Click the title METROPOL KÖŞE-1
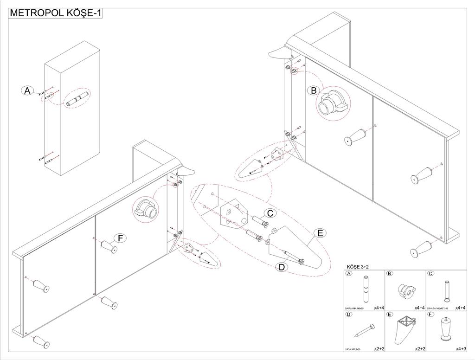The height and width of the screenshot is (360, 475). [55, 13]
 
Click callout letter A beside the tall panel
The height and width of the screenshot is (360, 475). [27, 90]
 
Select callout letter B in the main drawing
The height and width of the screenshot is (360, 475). [314, 90]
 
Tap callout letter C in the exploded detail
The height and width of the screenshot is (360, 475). [270, 213]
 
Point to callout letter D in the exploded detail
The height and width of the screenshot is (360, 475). [282, 267]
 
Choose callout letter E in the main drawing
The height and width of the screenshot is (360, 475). [320, 233]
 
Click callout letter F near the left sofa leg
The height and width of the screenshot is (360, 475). [120, 238]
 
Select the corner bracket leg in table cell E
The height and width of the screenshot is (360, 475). [404, 330]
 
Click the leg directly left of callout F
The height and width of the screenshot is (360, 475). [108, 246]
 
